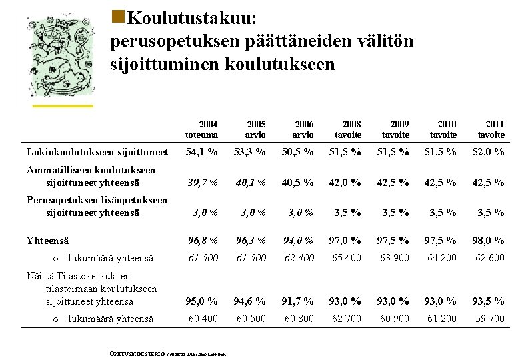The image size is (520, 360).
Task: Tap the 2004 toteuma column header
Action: click(x=202, y=129)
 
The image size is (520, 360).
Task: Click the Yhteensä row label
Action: click(x=49, y=240)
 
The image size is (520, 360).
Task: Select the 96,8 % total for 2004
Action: click(x=202, y=240)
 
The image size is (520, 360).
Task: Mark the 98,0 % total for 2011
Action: click(x=489, y=240)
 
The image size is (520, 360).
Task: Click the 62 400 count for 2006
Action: click(x=298, y=257)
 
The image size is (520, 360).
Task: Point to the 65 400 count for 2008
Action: click(x=346, y=257)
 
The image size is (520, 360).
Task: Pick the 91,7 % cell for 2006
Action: click(x=298, y=301)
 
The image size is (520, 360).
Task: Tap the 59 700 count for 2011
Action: click(x=489, y=319)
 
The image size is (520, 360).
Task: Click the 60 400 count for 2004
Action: click(x=202, y=319)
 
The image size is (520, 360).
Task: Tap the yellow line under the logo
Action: click(x=63, y=105)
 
